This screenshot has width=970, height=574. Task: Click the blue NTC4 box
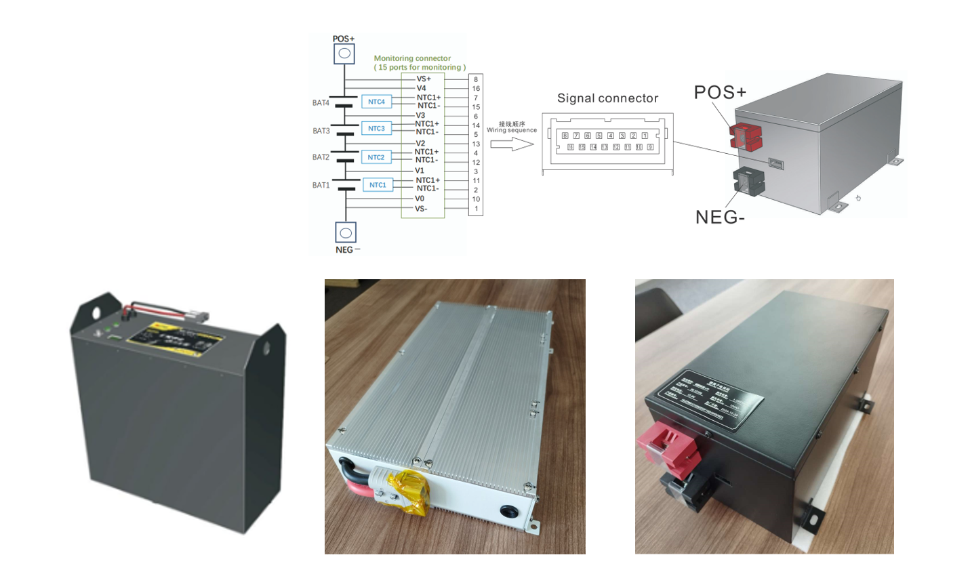click(376, 102)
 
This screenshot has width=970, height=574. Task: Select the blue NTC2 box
click(376, 157)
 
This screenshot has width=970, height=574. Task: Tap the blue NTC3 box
click(376, 129)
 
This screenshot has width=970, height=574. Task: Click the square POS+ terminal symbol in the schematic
click(344, 54)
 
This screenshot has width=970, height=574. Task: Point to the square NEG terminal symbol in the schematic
click(346, 232)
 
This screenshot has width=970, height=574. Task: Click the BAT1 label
click(321, 185)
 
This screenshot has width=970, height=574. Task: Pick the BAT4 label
click(321, 103)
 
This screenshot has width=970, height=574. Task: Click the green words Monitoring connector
click(412, 58)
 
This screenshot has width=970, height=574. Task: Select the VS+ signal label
click(424, 79)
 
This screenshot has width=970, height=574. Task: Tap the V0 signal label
click(420, 199)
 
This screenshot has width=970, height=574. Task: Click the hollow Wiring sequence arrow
click(512, 144)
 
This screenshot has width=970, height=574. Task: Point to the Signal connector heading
click(607, 98)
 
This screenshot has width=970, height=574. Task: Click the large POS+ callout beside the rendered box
click(720, 92)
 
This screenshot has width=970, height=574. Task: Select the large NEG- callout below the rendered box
click(720, 217)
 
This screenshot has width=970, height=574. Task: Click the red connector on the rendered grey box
click(746, 136)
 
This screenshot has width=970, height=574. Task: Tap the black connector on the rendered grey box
click(748, 181)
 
